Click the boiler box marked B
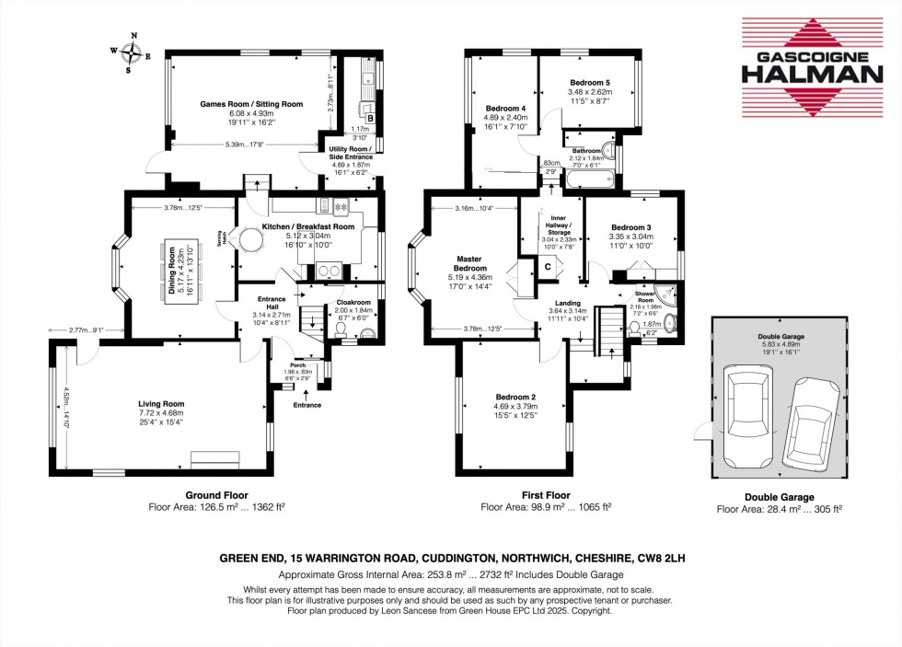click(370, 118)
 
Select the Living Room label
click(161, 403)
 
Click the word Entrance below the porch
click(307, 405)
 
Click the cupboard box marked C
click(548, 267)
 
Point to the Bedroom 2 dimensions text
click(515, 415)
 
